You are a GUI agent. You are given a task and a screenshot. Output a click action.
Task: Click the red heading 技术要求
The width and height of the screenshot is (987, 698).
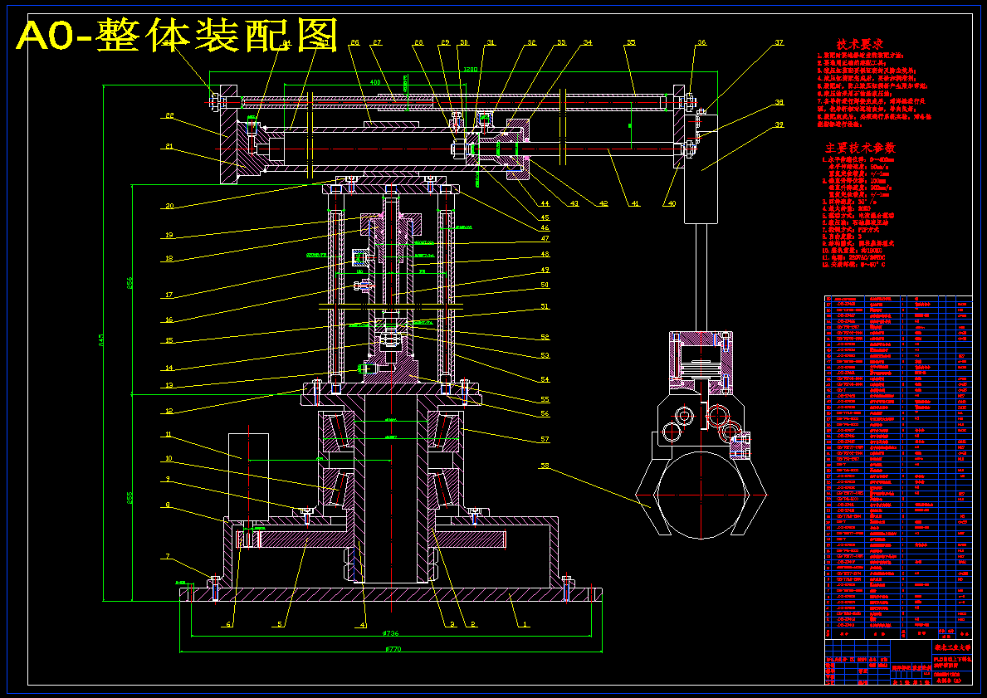pos(858,43)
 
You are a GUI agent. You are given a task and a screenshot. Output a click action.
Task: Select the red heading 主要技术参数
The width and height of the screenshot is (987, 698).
pos(858,147)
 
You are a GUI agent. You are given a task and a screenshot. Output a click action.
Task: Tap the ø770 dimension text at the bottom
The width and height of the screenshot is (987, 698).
pos(393,650)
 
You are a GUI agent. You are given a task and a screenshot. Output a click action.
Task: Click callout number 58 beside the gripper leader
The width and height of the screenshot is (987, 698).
pos(545,466)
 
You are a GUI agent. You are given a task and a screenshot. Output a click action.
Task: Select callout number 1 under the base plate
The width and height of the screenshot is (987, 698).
pos(524,623)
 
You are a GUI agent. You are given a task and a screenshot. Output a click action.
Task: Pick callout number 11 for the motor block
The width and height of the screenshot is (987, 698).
pos(168,434)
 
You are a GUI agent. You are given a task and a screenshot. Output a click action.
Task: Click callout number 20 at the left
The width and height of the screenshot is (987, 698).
pos(169,206)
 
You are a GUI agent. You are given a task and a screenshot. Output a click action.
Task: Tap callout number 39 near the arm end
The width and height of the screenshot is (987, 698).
pos(779,125)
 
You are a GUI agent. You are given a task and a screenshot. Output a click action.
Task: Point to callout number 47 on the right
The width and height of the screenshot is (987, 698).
pos(545,239)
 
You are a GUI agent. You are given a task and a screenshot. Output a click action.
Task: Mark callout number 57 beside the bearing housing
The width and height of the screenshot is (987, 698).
pos(545,439)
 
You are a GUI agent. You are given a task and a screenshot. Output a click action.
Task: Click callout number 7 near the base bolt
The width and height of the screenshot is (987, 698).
pos(168,556)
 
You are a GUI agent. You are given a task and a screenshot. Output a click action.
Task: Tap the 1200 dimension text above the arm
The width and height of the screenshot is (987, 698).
pos(472,69)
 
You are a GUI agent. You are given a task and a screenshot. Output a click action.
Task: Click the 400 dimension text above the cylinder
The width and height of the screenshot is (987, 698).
pos(374,83)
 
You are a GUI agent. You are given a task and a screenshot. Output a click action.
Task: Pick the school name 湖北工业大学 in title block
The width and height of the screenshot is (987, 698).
pos(951,646)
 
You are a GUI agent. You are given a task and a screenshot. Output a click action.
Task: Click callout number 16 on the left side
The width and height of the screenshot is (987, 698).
pos(169,320)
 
